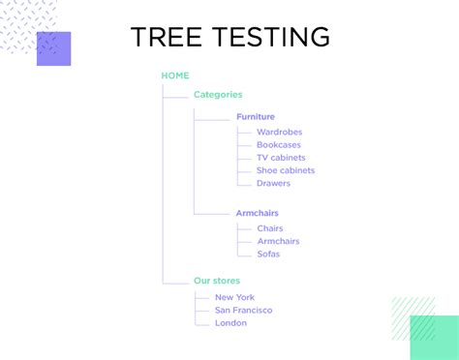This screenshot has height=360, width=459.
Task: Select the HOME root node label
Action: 175,75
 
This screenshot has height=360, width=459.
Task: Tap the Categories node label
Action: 218,95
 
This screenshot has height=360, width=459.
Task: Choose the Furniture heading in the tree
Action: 256,117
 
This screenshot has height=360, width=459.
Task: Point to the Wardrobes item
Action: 280,132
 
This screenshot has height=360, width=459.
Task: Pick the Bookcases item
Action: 280,144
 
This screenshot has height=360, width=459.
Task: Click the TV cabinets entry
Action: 281,158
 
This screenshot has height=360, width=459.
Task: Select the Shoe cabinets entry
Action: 286,170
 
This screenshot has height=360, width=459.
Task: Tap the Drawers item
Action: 273,183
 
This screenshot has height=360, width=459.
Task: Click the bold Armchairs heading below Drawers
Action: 258,213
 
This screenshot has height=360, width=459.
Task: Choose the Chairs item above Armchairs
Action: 270,228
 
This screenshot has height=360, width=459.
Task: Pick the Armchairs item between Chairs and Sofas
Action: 278,241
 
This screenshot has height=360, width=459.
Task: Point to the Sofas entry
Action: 268,254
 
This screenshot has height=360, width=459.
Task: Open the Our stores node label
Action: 217,281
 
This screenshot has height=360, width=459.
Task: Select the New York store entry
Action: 235,297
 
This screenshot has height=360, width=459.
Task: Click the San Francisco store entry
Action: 244,310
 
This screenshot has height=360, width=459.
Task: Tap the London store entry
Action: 230,322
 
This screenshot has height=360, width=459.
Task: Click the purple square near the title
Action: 53,48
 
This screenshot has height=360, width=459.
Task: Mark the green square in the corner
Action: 434,337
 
